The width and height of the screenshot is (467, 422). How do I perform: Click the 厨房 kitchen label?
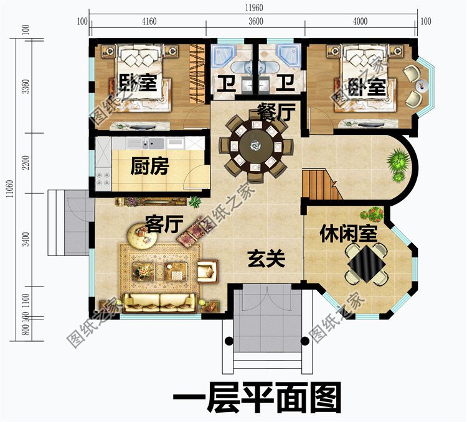150,167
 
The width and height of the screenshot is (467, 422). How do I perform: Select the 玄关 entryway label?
266,259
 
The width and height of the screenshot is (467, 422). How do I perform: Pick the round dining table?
255,147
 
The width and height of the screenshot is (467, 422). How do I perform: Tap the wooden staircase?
321,185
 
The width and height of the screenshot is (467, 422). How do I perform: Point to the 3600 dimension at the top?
256,22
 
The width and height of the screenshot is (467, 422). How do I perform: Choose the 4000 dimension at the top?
360,22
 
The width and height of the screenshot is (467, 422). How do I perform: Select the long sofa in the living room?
160,302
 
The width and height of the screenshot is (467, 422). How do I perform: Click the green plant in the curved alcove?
397,163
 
